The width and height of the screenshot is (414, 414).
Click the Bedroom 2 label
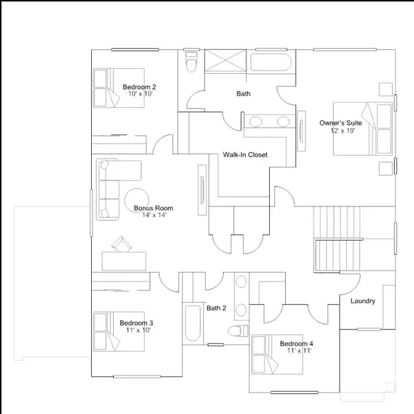pyautogui.click(x=139, y=87)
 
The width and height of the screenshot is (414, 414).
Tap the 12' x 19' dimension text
pyautogui.click(x=343, y=131)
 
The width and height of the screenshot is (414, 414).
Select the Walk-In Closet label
pyautogui.click(x=245, y=155)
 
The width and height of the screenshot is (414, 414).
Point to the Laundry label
pyautogui.click(x=363, y=301)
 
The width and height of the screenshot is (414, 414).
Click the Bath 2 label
pyautogui.click(x=216, y=308)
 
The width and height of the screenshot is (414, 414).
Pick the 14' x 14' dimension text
pyautogui.click(x=154, y=215)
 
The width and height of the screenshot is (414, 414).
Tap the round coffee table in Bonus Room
pyautogui.click(x=136, y=201)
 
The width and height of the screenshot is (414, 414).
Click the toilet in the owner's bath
pyautogui.click(x=191, y=62)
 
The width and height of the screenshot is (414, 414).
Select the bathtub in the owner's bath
pyautogui.click(x=270, y=62)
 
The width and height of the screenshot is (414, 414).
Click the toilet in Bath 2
pyautogui.click(x=238, y=331)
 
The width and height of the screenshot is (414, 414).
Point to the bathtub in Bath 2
pyautogui.click(x=193, y=323)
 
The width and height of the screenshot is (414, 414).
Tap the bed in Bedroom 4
pyautogui.click(x=277, y=354)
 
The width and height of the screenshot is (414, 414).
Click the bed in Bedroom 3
pyautogui.click(x=119, y=331)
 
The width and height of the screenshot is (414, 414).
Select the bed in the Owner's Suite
pyautogui.click(x=362, y=129)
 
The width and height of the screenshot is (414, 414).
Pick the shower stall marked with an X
pyautogui.click(x=226, y=61)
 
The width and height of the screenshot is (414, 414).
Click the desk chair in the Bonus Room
pyautogui.click(x=122, y=245)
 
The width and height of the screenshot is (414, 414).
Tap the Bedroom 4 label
pyautogui.click(x=296, y=343)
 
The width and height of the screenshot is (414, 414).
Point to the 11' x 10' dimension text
pyautogui.click(x=138, y=330)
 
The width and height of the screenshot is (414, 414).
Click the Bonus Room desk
pyautogui.click(x=124, y=261)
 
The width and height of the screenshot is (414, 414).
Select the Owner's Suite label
pyautogui.click(x=341, y=123)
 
